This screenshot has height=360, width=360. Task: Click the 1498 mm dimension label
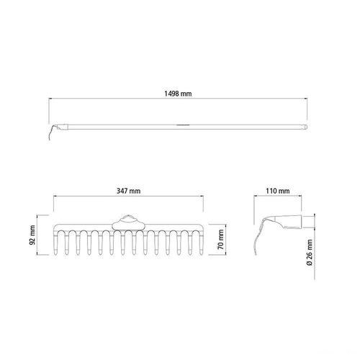[178, 94]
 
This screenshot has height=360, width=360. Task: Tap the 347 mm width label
[128, 191]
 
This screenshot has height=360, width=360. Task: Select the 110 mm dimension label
[278, 191]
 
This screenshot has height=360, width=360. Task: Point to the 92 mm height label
[32, 235]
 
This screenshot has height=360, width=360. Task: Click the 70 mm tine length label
[221, 240]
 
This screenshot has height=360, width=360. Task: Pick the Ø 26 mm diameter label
[310, 252]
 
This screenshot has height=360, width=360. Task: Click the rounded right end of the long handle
[305, 127]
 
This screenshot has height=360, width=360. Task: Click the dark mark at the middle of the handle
[183, 125]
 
